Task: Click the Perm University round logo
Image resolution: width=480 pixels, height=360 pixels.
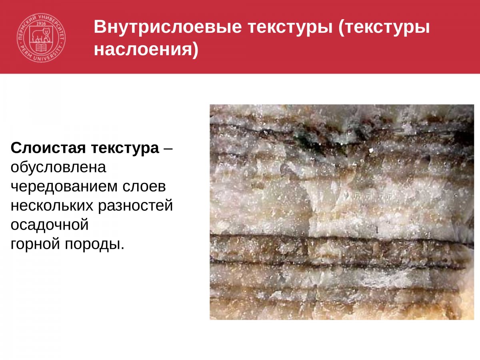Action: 41,38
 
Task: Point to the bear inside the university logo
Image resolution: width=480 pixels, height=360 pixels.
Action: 41,36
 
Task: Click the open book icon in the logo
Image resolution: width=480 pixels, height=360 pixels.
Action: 41,48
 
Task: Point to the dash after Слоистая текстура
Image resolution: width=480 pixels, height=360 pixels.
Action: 168,148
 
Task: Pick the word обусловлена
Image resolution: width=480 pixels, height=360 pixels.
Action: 58,167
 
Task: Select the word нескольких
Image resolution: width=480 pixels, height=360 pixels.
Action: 51,206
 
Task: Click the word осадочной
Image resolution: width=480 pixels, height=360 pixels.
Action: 49,225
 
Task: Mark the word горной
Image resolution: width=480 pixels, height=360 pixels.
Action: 35,244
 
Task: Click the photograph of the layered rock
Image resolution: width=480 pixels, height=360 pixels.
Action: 342,212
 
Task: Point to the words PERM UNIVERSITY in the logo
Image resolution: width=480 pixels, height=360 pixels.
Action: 41,57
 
